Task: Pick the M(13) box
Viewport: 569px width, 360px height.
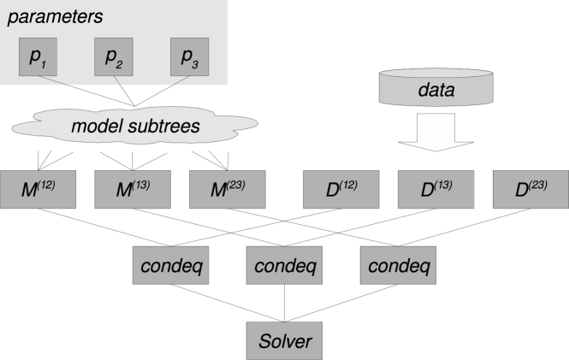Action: click(133, 189)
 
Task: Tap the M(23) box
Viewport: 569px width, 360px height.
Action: click(227, 189)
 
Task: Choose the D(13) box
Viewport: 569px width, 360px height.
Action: click(436, 189)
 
